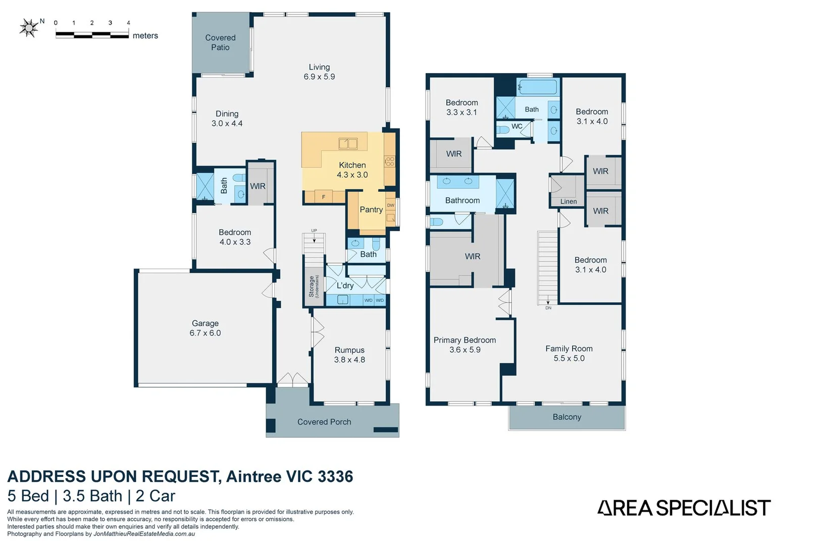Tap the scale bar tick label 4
tap(129, 23)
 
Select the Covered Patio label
tap(220, 42)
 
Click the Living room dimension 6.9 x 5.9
tap(319, 77)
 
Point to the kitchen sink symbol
tap(347, 143)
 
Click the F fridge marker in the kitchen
tap(324, 197)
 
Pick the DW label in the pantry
tap(391, 205)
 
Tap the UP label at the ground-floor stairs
tap(314, 230)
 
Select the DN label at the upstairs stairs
tap(548, 308)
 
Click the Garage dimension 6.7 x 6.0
tap(205, 333)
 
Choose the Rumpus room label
tap(349, 350)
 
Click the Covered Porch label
tap(324, 422)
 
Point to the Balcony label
tap(567, 417)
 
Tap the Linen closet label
tap(569, 201)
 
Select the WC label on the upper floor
tap(517, 126)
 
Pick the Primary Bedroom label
tap(465, 340)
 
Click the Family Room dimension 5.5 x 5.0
tap(569, 358)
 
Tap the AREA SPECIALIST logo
tap(684, 508)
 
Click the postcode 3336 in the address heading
tap(335, 476)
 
